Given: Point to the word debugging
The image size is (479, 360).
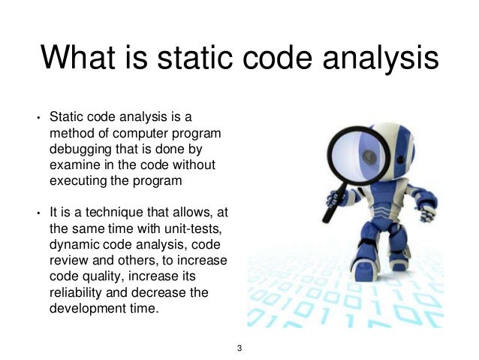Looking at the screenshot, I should point(81,149).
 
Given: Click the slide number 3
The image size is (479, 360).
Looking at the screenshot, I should point(239,348).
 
